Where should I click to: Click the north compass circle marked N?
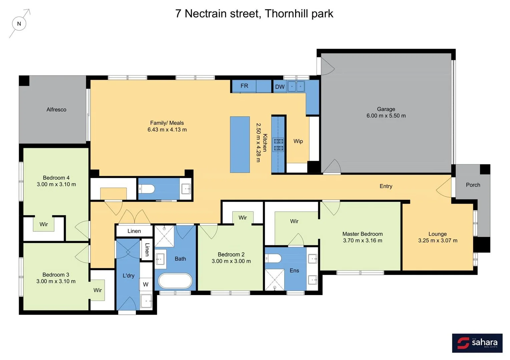tap(19, 24)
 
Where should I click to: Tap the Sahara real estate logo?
tap(477, 343)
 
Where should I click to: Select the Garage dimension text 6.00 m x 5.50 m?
tap(386, 116)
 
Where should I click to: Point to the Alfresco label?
tap(56, 110)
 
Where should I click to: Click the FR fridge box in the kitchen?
tap(244, 86)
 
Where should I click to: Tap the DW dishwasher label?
tap(280, 87)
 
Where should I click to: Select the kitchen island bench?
tap(240, 144)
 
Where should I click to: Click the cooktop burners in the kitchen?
tap(279, 145)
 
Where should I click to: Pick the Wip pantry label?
tap(298, 141)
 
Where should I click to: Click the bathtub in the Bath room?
tap(175, 281)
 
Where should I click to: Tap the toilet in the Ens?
tap(274, 258)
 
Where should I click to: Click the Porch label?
tap(473, 185)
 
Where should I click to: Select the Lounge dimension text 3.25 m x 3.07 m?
tap(438, 240)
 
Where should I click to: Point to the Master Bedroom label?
tap(362, 234)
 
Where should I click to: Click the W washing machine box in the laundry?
tap(146, 284)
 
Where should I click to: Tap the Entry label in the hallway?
tap(386, 186)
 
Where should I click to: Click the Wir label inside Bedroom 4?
tap(44, 224)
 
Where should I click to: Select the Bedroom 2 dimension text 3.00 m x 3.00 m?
tap(231, 261)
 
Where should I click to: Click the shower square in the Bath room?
tap(164, 236)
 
